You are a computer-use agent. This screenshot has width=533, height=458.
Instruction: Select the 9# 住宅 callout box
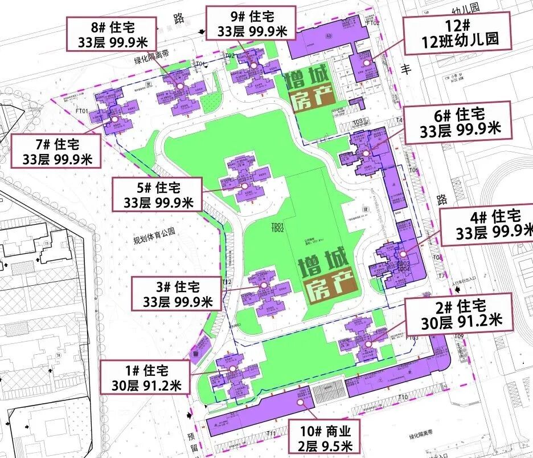251,23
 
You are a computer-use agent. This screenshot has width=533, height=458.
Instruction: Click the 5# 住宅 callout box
157,194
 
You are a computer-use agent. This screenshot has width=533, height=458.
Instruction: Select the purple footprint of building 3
263,293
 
